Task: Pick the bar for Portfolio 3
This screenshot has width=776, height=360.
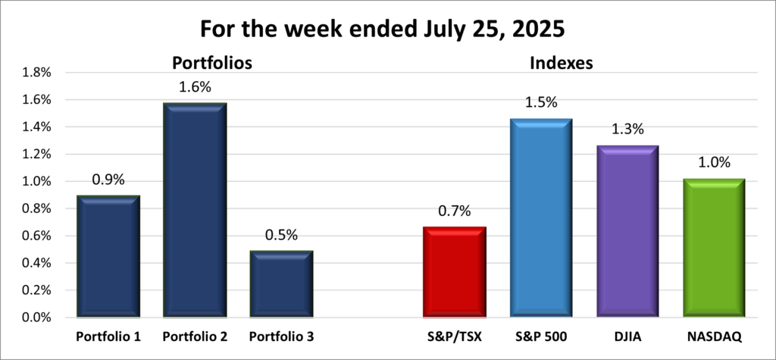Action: [281, 284]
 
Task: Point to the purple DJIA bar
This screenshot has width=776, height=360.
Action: [627, 231]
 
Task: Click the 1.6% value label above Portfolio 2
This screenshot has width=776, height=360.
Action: [194, 87]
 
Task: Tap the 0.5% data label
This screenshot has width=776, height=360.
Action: [280, 236]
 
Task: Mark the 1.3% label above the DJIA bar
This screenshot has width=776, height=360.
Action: [627, 130]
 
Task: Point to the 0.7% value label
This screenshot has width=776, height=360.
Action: [454, 211]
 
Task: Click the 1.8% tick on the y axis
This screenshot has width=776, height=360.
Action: [36, 73]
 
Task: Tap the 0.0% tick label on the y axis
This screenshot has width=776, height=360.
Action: [36, 318]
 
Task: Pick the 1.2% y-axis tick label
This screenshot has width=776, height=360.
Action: [36, 155]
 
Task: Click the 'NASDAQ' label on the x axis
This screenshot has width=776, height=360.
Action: [713, 336]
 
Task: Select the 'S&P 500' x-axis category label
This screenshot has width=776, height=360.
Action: [540, 336]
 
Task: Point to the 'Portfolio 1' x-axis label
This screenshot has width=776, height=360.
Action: [108, 336]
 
